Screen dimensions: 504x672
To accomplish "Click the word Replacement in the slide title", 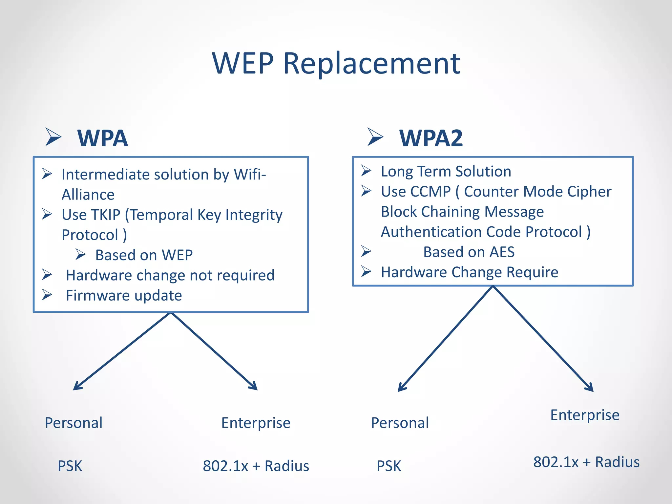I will click(371, 64).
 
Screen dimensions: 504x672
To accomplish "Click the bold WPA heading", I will click(102, 138).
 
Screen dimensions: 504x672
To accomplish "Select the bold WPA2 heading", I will click(431, 138).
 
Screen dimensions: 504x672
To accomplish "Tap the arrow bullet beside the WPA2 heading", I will click(375, 137).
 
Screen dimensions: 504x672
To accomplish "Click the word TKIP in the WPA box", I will click(105, 215).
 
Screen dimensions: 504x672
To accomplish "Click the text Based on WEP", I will click(144, 255).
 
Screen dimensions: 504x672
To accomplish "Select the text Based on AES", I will click(469, 252).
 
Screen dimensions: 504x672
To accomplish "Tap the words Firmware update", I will click(124, 296).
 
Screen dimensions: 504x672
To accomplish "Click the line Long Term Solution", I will click(446, 172).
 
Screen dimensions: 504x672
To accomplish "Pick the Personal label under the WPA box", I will click(73, 423).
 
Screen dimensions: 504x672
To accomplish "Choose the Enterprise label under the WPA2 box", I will click(584, 415).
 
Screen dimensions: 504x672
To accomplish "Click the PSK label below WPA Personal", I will click(70, 466).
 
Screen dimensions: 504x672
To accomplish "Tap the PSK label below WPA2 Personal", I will click(388, 466).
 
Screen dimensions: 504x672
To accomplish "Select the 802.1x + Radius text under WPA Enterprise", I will click(256, 466).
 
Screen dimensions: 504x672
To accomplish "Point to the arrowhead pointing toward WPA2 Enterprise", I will click(590, 388).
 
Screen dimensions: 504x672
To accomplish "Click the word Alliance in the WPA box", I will click(88, 195).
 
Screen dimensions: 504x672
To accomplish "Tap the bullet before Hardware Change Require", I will click(366, 272).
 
